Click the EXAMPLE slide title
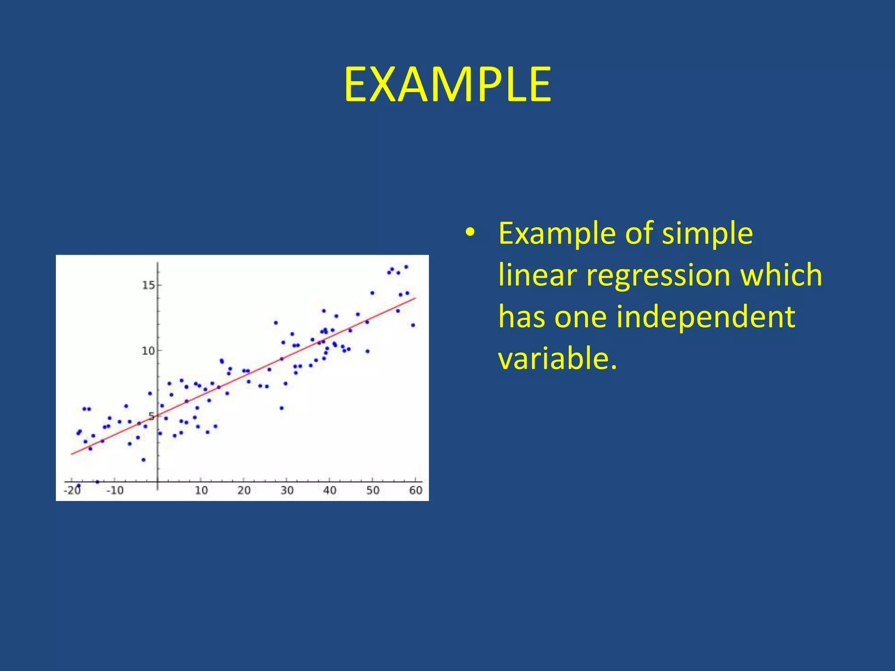(x=447, y=85)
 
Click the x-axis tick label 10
(x=201, y=491)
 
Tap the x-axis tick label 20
(x=244, y=491)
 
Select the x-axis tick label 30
(x=287, y=491)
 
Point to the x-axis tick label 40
(x=330, y=491)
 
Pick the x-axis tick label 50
(x=373, y=491)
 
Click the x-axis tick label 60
(x=416, y=491)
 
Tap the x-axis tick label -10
(x=115, y=491)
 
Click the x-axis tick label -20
(x=73, y=491)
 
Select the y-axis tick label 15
(x=149, y=285)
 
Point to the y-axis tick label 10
(x=149, y=351)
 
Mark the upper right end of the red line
(x=415, y=298)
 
